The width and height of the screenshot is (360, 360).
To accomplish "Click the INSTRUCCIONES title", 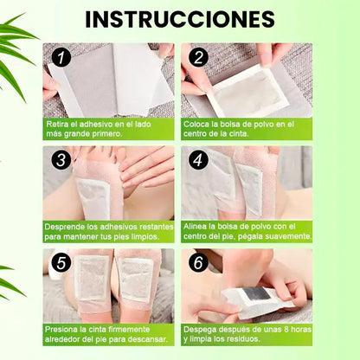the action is tap(180, 20).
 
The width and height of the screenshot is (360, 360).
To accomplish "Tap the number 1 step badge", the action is tap(61, 57).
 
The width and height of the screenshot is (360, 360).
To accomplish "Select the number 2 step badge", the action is tap(198, 57).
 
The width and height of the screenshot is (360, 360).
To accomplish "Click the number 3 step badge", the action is tap(61, 160).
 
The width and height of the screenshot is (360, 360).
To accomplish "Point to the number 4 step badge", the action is tap(198, 160).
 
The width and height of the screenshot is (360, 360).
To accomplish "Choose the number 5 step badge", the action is tap(61, 263).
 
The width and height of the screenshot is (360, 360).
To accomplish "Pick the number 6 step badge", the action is tap(198, 263).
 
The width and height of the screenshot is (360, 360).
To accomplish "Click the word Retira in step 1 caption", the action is tap(57, 125).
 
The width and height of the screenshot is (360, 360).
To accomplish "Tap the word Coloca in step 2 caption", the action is tap(196, 125).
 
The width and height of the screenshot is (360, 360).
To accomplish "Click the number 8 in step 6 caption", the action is tap(286, 330).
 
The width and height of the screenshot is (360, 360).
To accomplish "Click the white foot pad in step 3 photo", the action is tap(94, 197).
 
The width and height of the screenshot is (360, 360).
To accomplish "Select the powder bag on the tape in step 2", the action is tap(249, 88).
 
